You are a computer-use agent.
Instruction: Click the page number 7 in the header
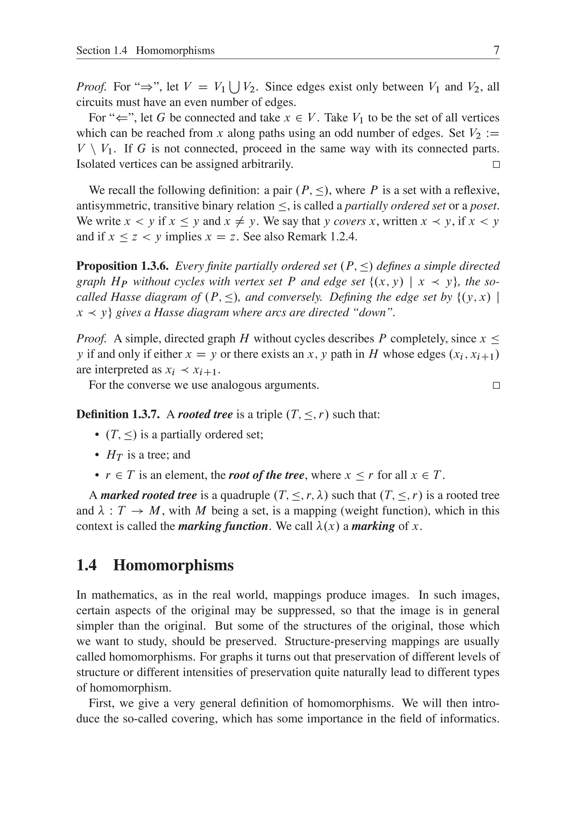point(496,50)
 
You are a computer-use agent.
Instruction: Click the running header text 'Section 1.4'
point(102,50)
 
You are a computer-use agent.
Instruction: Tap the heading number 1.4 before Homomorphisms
point(86,565)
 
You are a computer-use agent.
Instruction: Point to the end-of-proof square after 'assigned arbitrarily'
point(496,164)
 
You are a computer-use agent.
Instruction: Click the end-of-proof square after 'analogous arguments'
point(496,385)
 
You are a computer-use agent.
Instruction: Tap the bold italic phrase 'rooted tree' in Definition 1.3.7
point(205,414)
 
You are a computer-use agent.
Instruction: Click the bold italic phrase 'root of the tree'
point(266,475)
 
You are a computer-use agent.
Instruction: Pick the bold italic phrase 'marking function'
point(223,526)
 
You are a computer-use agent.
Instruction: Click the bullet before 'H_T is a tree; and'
point(97,455)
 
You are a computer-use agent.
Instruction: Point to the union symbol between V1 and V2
point(235,87)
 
